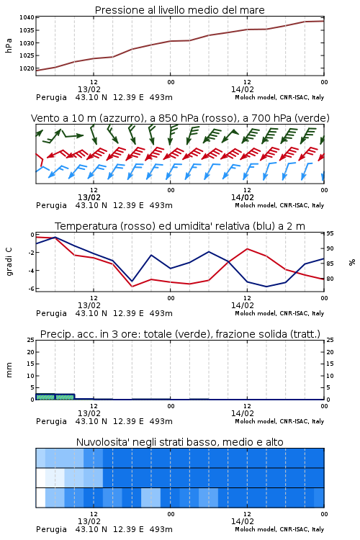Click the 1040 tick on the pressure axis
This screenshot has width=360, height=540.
27,17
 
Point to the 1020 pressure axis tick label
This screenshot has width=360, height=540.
27,68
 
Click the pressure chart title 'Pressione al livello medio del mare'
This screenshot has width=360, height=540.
180,10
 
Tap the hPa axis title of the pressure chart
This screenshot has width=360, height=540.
9,45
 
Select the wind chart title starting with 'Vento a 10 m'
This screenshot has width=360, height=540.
180,118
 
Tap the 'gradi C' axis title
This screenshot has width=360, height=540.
9,261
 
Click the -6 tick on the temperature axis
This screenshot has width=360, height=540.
31,289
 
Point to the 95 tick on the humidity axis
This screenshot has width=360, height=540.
330,233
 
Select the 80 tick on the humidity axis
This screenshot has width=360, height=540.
330,279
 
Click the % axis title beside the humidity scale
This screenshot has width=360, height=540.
352,262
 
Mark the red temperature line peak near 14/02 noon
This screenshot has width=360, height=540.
247,248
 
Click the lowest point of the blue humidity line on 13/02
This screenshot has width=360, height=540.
132,282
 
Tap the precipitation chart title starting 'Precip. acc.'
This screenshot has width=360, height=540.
180,334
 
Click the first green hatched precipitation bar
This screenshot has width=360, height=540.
45,397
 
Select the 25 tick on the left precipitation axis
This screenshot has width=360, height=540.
31,340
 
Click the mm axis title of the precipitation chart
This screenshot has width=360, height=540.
9,370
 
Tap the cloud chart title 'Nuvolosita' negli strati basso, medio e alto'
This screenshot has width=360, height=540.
180,442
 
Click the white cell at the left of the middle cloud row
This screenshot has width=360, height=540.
40,477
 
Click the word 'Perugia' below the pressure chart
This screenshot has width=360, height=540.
51,97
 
